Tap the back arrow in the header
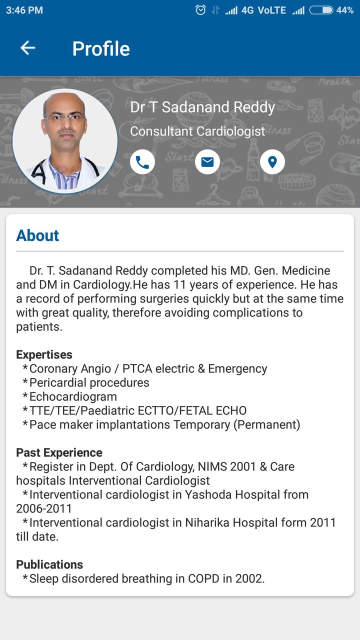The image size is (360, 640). coord(27,48)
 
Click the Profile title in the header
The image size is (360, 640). coord(101,48)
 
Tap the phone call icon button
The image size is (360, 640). coord(142,162)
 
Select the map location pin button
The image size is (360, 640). coord(272,162)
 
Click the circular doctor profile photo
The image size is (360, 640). coord(65,141)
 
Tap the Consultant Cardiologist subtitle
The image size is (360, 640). coord(197,131)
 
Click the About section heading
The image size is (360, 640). coord(37,235)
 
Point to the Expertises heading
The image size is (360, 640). coord(44,354)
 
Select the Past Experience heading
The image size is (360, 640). coord(59,452)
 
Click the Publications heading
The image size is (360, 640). coord(49,564)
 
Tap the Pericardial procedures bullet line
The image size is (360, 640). coord(89,382)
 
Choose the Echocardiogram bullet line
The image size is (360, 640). coord(73,396)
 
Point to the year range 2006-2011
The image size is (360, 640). coord(44,508)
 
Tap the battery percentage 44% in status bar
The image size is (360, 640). coord(345,10)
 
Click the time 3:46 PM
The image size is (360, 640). coord(24,10)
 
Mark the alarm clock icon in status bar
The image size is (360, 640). coord(200,10)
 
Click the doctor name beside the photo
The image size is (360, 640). coord(202,107)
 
